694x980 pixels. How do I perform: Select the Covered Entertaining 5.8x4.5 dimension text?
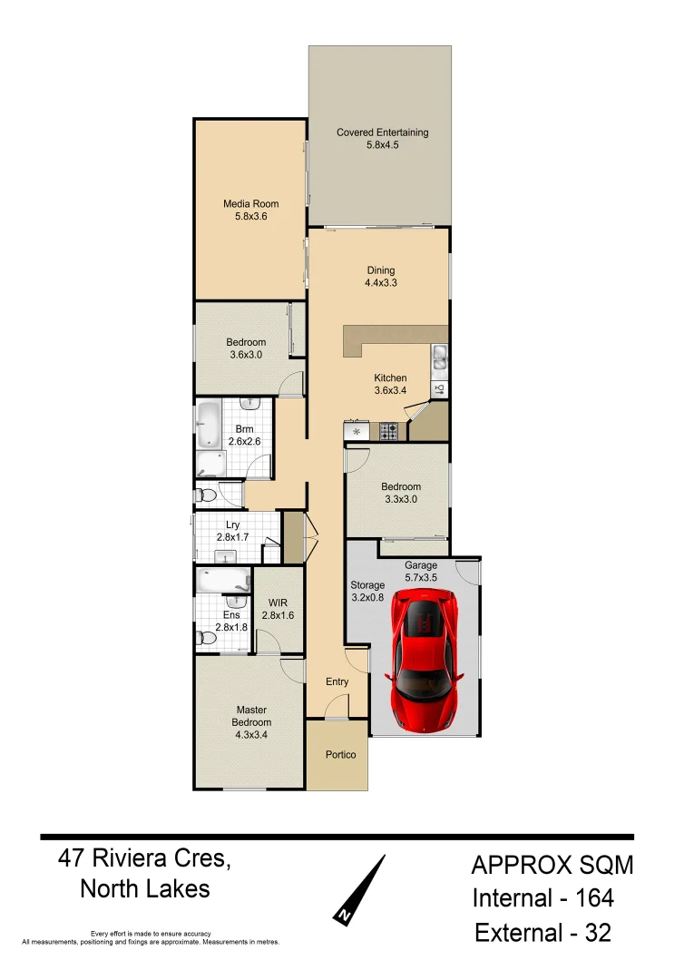pyautogui.click(x=382, y=145)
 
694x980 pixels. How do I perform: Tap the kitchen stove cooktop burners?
pyautogui.click(x=389, y=432)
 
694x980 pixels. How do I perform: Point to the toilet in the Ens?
pyautogui.click(x=208, y=639)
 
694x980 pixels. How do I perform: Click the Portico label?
pyautogui.click(x=341, y=755)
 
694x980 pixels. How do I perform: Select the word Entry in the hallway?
pyautogui.click(x=337, y=681)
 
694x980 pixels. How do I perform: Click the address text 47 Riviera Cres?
pyautogui.click(x=145, y=857)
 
